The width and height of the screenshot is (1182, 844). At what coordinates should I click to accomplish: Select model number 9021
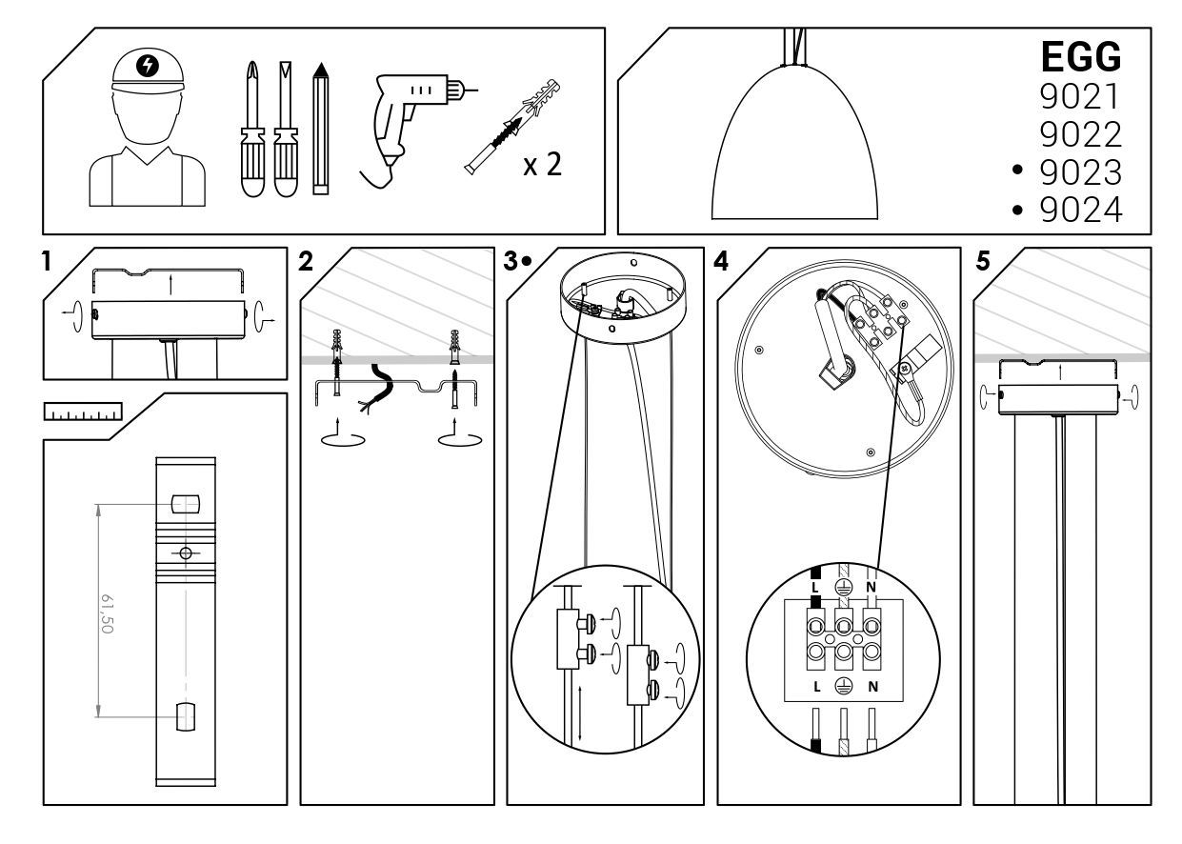1080,96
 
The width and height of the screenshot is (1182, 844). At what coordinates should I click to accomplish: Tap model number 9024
1080,210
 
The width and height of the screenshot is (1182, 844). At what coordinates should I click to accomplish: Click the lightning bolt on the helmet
148,66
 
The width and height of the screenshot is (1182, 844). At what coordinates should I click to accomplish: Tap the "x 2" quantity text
542,167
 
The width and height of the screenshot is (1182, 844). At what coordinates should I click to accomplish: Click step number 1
48,261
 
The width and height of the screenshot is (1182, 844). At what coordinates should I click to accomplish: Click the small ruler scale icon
84,411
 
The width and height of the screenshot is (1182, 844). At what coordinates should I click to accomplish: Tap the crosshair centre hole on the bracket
186,553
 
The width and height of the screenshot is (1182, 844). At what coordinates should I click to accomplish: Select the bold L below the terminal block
816,686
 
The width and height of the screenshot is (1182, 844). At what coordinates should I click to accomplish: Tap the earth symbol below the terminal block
843,686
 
